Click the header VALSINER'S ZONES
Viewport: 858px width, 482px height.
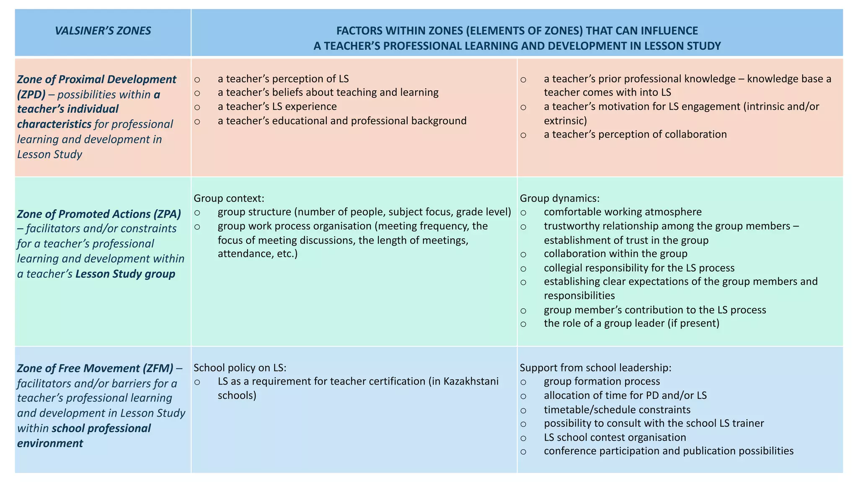tap(103, 31)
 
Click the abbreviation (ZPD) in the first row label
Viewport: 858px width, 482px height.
tap(31, 95)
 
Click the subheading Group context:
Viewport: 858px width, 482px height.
tap(229, 198)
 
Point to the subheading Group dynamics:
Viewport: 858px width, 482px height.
tap(559, 198)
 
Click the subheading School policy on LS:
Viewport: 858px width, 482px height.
tap(240, 368)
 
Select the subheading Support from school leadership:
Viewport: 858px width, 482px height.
tap(595, 368)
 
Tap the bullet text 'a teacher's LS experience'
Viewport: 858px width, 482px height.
tap(277, 107)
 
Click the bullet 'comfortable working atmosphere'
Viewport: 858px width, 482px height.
tap(623, 212)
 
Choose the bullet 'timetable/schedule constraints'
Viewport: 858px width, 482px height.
tap(617, 410)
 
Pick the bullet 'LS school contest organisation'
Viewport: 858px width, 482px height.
tap(615, 437)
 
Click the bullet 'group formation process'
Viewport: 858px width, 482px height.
tap(602, 382)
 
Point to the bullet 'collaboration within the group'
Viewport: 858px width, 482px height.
tap(615, 254)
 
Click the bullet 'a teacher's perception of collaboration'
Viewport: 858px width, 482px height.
tap(635, 134)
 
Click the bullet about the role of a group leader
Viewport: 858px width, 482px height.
tap(631, 323)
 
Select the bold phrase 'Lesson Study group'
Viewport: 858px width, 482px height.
tap(125, 274)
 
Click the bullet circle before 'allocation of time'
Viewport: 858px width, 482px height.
tap(523, 395)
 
